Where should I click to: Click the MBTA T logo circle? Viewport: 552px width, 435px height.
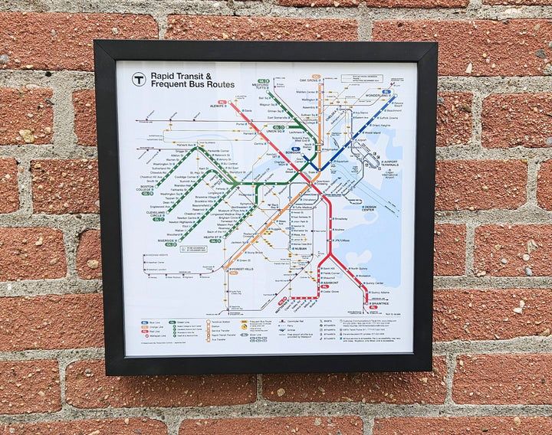tap(139, 79)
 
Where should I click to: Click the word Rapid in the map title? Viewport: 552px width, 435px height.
tap(163, 76)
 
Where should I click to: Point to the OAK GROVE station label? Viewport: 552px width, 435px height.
tap(310, 80)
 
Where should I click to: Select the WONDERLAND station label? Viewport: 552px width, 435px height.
tap(376, 96)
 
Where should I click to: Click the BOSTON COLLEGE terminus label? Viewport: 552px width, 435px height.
tap(146, 188)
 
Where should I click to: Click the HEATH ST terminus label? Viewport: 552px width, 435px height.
tap(212, 238)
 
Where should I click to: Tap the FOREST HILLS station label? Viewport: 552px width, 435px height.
tap(243, 268)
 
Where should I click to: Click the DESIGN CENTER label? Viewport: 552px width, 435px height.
tap(370, 207)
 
